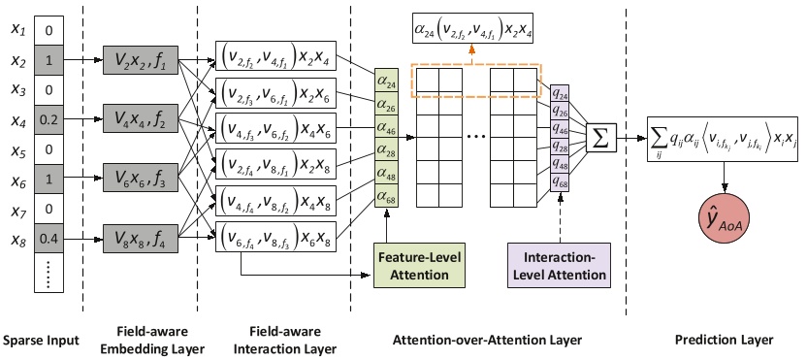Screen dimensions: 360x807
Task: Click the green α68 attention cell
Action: tap(386, 198)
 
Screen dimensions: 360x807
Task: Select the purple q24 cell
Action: tap(560, 93)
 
